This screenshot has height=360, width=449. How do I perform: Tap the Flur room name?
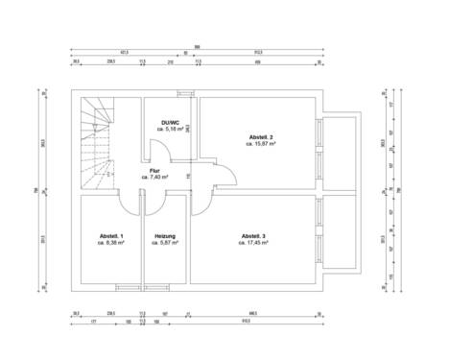(x=154, y=171)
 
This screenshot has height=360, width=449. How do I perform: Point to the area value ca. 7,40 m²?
(x=154, y=178)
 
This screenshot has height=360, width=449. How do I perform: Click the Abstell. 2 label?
(x=261, y=137)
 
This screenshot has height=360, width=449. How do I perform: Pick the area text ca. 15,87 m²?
(x=261, y=144)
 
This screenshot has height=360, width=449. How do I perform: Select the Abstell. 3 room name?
(x=254, y=236)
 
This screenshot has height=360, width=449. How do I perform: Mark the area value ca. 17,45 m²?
(x=254, y=243)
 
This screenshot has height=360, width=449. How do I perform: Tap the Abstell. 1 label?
(x=111, y=236)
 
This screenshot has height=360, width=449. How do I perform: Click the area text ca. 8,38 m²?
(x=111, y=243)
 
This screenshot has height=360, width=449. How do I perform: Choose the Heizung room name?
(x=166, y=236)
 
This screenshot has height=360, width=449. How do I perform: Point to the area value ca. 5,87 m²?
(x=166, y=243)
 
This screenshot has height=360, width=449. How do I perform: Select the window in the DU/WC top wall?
(x=184, y=92)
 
